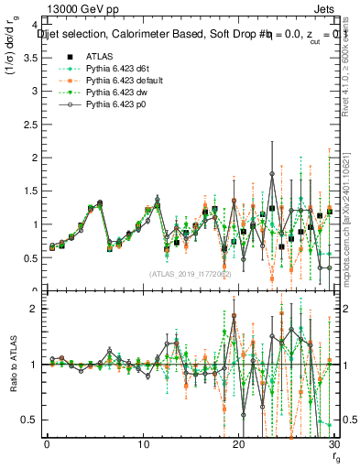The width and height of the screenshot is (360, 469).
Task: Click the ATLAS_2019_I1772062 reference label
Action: coord(190,273)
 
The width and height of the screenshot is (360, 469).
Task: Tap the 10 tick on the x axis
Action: coord(143,445)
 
